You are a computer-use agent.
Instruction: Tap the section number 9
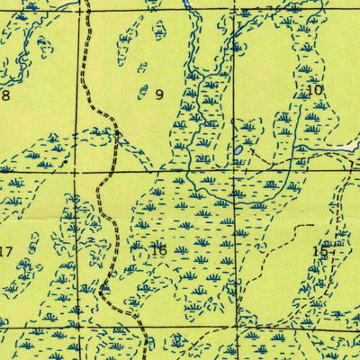pos(159,94)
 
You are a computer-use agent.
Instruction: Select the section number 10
pos(314,90)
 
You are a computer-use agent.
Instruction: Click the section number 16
pos(159,250)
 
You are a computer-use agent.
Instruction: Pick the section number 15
pos(319,251)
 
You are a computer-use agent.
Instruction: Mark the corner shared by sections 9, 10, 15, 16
pos(236,170)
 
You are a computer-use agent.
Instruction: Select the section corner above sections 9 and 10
pos(236,13)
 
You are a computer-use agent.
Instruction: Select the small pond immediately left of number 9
pos(143,91)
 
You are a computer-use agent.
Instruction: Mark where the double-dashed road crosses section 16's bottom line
pos(144,329)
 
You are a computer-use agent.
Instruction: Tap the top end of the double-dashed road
pos(88,3)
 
